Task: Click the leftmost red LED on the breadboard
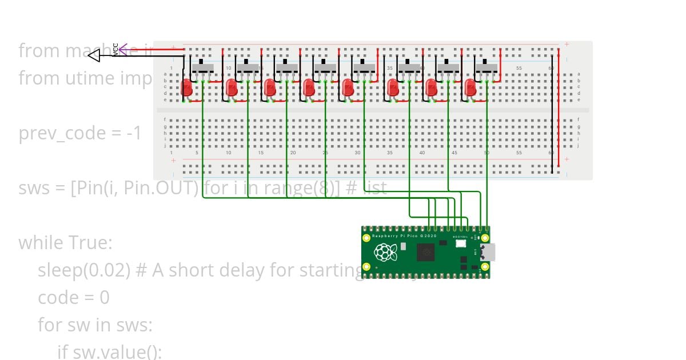point(187,88)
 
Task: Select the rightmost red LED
point(470,88)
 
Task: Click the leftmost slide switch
point(203,68)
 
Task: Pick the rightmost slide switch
point(486,68)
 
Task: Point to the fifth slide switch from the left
point(364,68)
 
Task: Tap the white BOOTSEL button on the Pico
point(461,243)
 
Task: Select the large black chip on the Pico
point(426,251)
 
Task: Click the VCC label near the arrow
point(115,50)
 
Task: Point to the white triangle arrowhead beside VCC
point(94,55)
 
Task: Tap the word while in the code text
point(41,243)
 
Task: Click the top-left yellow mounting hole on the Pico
point(366,237)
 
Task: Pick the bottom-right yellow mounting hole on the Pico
point(485,266)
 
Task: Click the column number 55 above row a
point(519,69)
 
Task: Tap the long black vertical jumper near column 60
point(552,114)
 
